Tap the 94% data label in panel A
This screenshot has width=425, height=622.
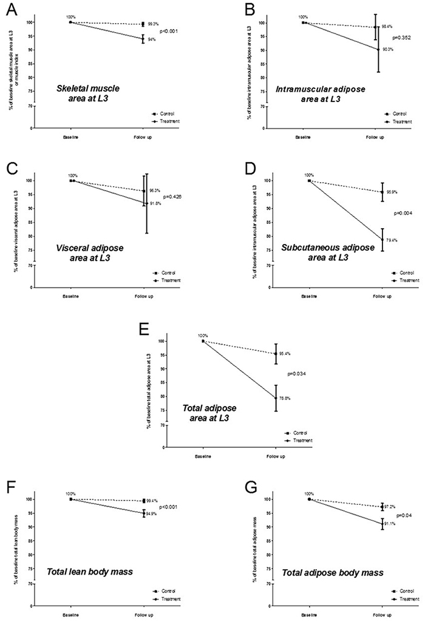[152, 39]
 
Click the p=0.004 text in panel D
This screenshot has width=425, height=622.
[403, 213]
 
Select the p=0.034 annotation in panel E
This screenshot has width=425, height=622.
[297, 373]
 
